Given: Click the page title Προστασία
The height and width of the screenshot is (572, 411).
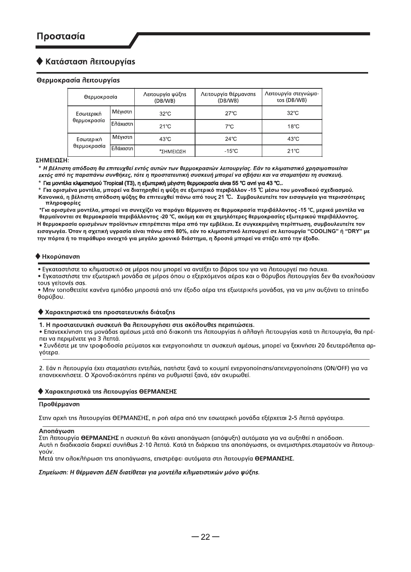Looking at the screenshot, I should (x=61, y=37).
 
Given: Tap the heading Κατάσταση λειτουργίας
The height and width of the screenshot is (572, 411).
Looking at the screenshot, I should (x=90, y=61).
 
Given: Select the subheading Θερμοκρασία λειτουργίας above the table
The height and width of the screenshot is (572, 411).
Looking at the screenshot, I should (x=78, y=80).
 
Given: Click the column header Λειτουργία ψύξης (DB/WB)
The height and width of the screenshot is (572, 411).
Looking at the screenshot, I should (x=165, y=97).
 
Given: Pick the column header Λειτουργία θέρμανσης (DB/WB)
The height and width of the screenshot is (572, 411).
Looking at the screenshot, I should (x=228, y=97).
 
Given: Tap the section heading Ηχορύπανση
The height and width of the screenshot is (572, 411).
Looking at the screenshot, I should (x=62, y=257).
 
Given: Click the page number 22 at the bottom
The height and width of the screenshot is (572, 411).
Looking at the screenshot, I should (x=205, y=537).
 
